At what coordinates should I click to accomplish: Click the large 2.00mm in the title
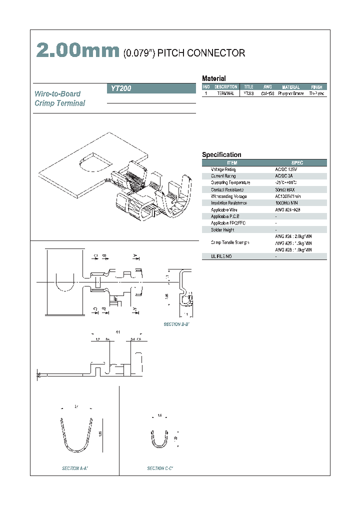(x=77, y=51)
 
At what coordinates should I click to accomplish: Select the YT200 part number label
(x=120, y=88)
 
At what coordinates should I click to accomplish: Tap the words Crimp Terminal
(x=60, y=103)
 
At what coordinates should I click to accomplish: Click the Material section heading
(x=213, y=78)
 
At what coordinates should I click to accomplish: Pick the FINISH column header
(x=316, y=87)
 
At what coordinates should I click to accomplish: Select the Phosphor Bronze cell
(x=290, y=93)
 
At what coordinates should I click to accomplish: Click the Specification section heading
(x=221, y=155)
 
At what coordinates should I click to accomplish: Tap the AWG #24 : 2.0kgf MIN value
(x=293, y=236)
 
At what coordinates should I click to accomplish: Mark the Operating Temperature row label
(x=231, y=183)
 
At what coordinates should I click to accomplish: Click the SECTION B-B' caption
(x=177, y=324)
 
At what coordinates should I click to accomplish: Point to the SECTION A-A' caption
(x=75, y=468)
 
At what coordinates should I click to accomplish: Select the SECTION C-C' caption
(x=160, y=468)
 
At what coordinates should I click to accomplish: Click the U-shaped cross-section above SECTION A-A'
(x=76, y=435)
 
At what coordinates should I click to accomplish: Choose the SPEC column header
(x=297, y=163)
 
